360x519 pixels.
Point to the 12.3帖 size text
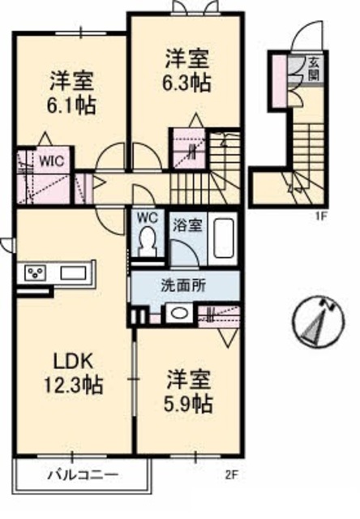(72, 385)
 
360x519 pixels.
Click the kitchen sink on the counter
(72, 272)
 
